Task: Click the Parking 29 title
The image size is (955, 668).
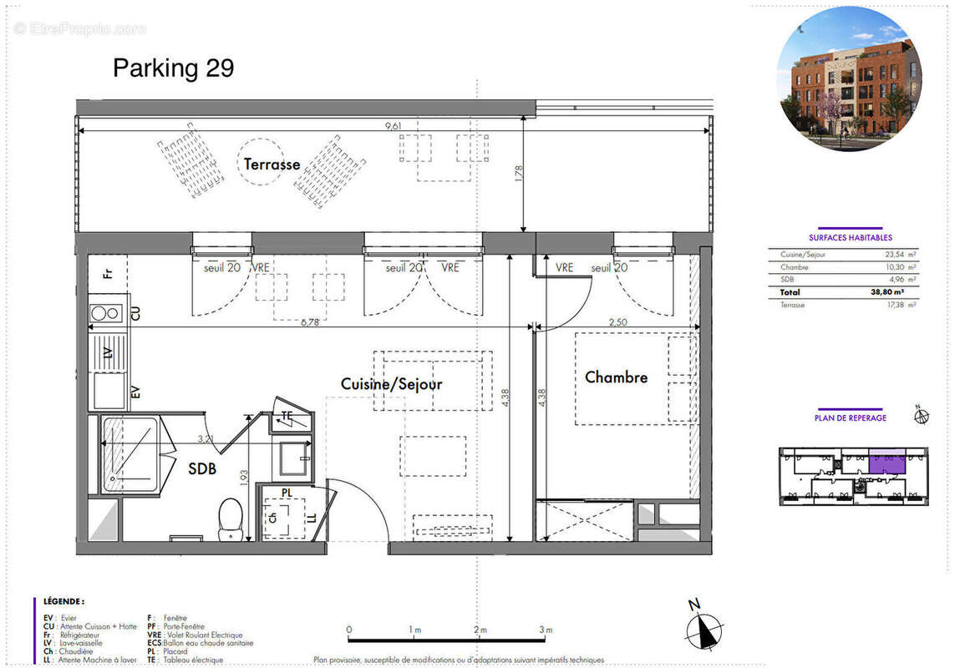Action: [173, 68]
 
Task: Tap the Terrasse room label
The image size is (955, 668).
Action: [272, 164]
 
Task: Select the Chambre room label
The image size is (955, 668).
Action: [616, 377]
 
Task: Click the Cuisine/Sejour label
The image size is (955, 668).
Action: [391, 384]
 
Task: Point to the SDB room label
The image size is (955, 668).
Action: [201, 469]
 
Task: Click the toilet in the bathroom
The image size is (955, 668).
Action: [230, 519]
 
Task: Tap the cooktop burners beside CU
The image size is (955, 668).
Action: [106, 313]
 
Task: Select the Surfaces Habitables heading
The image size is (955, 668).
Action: [850, 237]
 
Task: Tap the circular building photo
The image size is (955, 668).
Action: [849, 78]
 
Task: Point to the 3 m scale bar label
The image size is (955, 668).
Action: [546, 630]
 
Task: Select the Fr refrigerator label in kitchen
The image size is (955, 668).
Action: [107, 273]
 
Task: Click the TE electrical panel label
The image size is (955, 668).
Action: [287, 415]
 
